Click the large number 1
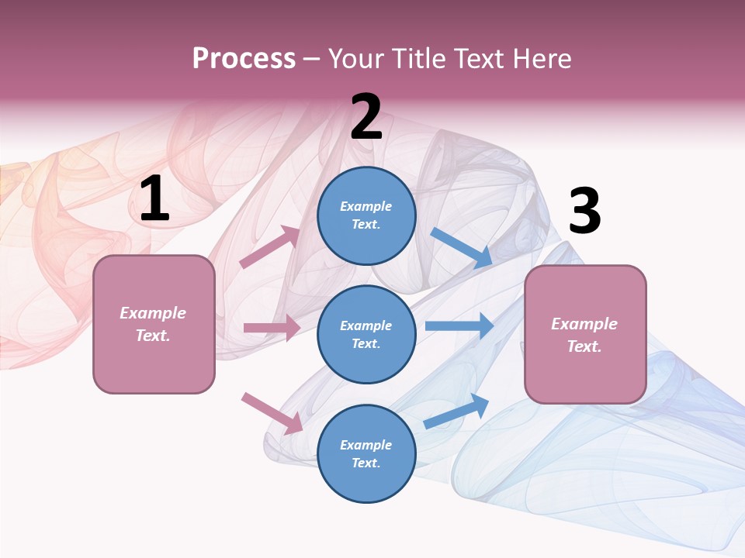pos(154,199)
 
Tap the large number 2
pos(366,117)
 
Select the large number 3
pos(584,211)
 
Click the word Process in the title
pos(244,58)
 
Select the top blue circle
pos(366,215)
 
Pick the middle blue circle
pos(366,334)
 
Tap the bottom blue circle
pos(366,453)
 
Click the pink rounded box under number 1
pos(154,324)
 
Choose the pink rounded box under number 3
pos(585,335)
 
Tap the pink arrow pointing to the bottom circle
pos(272,413)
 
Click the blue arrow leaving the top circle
pos(461,248)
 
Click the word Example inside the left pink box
pos(153,313)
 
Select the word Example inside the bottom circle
pos(366,445)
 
